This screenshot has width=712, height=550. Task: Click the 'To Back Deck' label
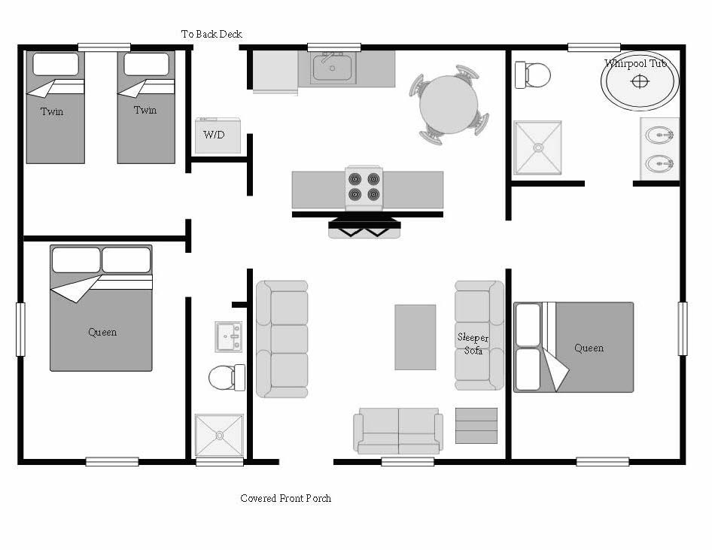pyautogui.click(x=211, y=34)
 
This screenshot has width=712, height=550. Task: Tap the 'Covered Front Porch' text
pyautogui.click(x=285, y=498)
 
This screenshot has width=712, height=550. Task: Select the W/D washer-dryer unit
pyautogui.click(x=218, y=135)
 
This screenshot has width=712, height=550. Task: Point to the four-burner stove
pyautogui.click(x=364, y=187)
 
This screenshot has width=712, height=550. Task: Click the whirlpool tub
pyautogui.click(x=640, y=81)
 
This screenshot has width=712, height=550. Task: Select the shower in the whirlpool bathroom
pyautogui.click(x=537, y=147)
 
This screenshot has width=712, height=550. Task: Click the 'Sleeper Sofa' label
pyautogui.click(x=473, y=344)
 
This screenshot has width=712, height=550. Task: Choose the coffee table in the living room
pyautogui.click(x=415, y=336)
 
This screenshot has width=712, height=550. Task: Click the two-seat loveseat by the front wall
pyautogui.click(x=397, y=431)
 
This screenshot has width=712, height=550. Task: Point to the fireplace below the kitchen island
pyautogui.click(x=364, y=228)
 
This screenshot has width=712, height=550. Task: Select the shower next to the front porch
pyautogui.click(x=219, y=435)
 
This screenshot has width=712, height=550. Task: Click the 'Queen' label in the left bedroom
pyautogui.click(x=102, y=332)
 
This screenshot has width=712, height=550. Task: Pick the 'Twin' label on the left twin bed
pyautogui.click(x=52, y=111)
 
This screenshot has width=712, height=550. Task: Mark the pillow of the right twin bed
pyautogui.click(x=146, y=65)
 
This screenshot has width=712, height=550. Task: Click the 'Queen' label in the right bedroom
pyautogui.click(x=589, y=348)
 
